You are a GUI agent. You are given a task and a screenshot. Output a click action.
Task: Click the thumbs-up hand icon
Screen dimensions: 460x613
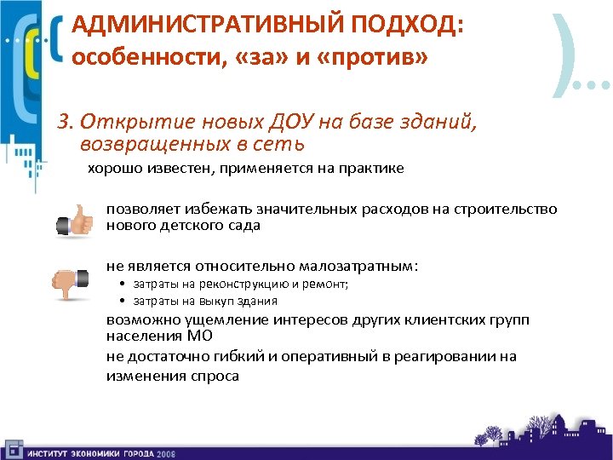pos(74,219)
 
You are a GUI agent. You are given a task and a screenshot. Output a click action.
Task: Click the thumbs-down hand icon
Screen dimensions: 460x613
pos(72,282)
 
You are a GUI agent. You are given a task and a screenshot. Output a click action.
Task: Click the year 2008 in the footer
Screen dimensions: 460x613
pos(165,453)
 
